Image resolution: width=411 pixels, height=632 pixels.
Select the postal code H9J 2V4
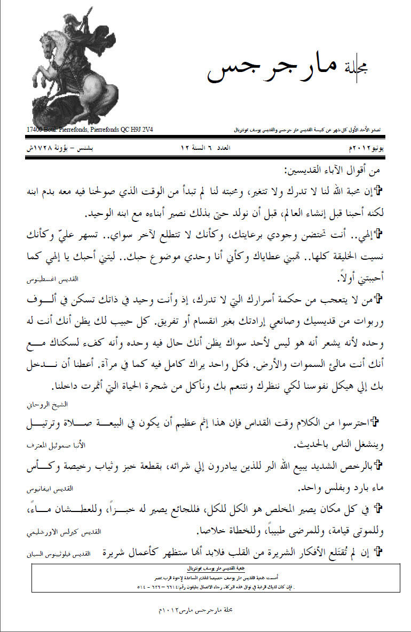point(140,130)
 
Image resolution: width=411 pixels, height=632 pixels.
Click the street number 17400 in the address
point(35,130)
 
